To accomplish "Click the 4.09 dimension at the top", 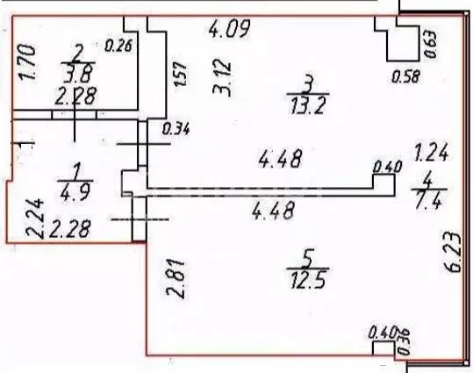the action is tap(230, 29).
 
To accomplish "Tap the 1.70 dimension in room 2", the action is tap(27, 61).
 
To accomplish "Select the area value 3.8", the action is tap(78, 74).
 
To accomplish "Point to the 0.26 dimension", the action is tap(118, 46).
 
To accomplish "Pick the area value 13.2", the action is tap(308, 105).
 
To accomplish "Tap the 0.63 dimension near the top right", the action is tap(431, 44).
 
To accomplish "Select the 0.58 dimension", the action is tap(405, 77).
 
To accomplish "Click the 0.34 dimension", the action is tap(176, 129).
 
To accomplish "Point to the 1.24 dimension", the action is tap(431, 152).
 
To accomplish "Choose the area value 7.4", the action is tap(429, 200).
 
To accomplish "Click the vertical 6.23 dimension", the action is tap(453, 252).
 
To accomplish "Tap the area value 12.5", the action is tap(308, 280).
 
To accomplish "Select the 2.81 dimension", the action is tap(176, 278).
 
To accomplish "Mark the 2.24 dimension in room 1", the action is tap(34, 219).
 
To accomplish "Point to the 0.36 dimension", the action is tap(404, 342).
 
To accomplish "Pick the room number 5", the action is tap(308, 258).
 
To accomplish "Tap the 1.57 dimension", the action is tap(180, 75).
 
